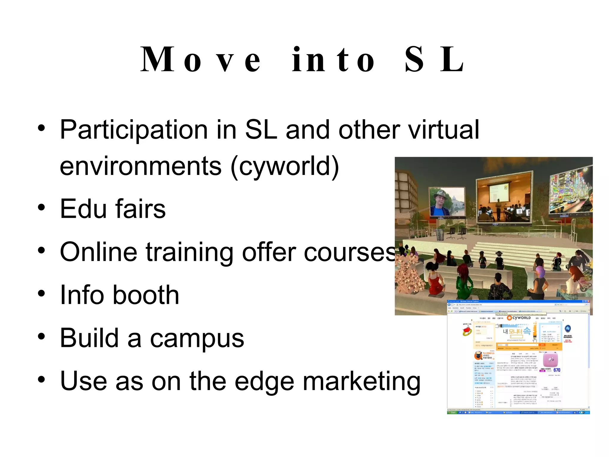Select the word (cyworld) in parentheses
(x=285, y=166)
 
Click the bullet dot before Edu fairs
(x=42, y=207)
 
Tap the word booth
(x=146, y=295)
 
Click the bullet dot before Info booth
(x=42, y=293)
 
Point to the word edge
(x=264, y=382)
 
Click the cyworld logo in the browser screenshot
(x=519, y=318)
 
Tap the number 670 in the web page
(x=557, y=370)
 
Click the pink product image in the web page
(x=550, y=359)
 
